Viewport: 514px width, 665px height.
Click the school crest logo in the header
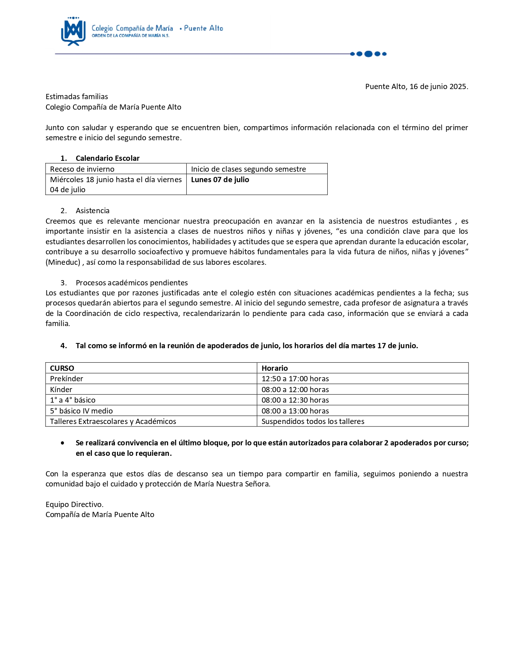tap(73, 31)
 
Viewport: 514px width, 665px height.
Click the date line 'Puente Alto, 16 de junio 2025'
tap(416, 87)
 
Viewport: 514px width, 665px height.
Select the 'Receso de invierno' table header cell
tap(82, 169)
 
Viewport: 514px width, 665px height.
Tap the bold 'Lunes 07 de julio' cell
tap(220, 180)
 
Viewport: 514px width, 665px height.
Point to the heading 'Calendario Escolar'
tap(108, 158)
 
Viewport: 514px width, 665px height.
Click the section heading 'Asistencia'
tap(92, 211)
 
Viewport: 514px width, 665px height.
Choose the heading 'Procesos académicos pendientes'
tap(131, 283)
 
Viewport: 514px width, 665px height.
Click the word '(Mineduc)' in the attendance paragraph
tap(63, 262)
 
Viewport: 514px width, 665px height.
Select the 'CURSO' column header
tap(62, 368)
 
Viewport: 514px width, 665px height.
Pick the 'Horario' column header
tap(275, 368)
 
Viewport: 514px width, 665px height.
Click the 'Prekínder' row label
tap(67, 379)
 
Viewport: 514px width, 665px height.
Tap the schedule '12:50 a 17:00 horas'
tap(295, 379)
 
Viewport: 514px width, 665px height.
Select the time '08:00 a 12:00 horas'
tap(295, 390)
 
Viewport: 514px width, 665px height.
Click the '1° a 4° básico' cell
tap(73, 400)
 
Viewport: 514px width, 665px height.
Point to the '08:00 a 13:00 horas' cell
tap(295, 411)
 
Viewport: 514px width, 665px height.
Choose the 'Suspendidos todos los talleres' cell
tap(313, 422)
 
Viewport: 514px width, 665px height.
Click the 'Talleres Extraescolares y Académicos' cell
tap(113, 422)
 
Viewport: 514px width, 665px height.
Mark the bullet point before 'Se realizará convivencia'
tap(62, 443)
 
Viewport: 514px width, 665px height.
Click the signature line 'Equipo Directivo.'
tap(75, 505)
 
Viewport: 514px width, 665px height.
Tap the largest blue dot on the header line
tap(368, 54)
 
